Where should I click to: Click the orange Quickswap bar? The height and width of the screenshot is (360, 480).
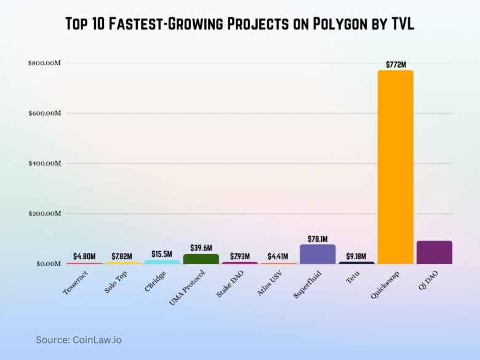click(395, 167)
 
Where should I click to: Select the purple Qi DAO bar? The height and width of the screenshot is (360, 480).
click(434, 252)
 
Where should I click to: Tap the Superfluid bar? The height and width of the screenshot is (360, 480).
click(318, 254)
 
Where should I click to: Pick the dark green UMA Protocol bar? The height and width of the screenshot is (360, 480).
click(201, 259)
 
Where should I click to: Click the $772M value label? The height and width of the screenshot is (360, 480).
click(396, 65)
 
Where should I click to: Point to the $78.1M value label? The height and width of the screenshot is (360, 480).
click(318, 239)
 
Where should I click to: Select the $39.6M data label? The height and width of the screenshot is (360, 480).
click(201, 248)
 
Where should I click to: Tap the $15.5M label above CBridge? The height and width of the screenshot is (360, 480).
click(162, 254)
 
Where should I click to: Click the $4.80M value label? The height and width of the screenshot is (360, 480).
click(84, 256)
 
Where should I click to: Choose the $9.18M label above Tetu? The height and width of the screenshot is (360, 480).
click(356, 256)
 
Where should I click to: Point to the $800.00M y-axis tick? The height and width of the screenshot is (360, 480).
click(45, 63)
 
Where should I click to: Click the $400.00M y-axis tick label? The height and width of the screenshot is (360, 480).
click(45, 164)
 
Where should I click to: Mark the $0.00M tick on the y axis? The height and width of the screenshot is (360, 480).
click(49, 263)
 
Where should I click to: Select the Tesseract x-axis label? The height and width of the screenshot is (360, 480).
click(75, 283)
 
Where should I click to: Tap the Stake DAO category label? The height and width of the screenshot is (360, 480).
click(230, 284)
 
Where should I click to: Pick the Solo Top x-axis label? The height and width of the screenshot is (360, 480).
click(116, 282)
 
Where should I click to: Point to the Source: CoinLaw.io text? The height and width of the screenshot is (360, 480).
click(79, 340)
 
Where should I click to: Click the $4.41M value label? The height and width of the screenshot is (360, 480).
click(278, 256)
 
